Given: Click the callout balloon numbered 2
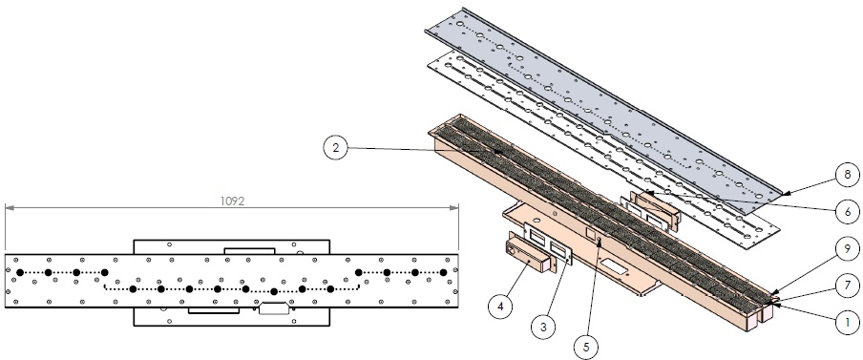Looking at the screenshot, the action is (336, 147).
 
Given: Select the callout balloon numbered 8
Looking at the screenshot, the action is (848, 175).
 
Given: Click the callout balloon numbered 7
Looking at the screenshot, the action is (848, 286).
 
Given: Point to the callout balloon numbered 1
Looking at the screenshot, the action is (848, 322).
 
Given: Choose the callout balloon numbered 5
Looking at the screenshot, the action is (585, 347).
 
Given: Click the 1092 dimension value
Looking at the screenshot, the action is (232, 201).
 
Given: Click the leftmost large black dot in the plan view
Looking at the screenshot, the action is (20, 272).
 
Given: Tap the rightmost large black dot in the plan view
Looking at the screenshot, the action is (443, 272).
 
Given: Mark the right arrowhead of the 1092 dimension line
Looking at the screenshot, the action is (454, 207).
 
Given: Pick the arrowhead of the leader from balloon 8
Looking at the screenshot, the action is (786, 194).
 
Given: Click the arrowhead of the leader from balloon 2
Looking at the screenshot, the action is (498, 151).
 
